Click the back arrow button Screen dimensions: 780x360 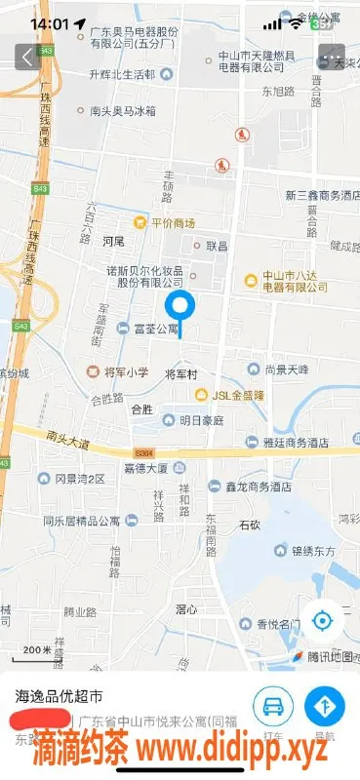tap(27, 58)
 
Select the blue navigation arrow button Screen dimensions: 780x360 tap(325, 705)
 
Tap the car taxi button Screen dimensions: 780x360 tap(274, 705)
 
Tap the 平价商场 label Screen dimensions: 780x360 tap(171, 222)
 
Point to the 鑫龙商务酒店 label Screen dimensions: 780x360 tap(258, 487)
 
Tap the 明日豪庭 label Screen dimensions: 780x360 tap(201, 420)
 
